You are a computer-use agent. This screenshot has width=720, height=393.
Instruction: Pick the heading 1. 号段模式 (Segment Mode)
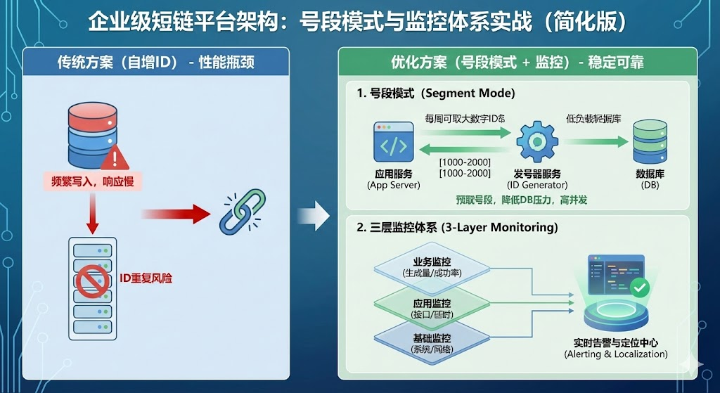click(435, 93)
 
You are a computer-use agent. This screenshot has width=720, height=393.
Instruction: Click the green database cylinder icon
click(650, 143)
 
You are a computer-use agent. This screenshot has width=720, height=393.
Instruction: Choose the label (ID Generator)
click(537, 185)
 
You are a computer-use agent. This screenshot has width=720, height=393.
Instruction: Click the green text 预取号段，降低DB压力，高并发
click(521, 200)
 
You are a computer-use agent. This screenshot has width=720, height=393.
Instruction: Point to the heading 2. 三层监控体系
click(457, 228)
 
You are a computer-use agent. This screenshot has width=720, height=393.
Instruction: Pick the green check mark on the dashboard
click(641, 287)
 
